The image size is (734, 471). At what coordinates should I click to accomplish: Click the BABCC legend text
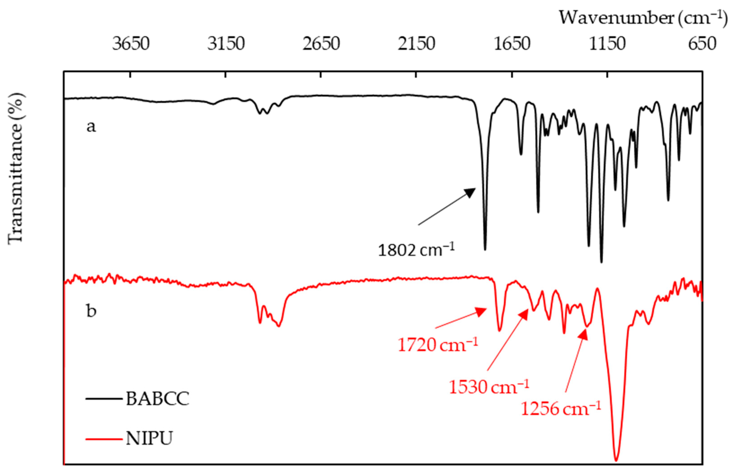(x=157, y=399)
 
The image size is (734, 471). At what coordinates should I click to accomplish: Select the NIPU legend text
(x=149, y=438)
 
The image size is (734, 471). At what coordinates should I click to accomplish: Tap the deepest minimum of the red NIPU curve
(x=616, y=460)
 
